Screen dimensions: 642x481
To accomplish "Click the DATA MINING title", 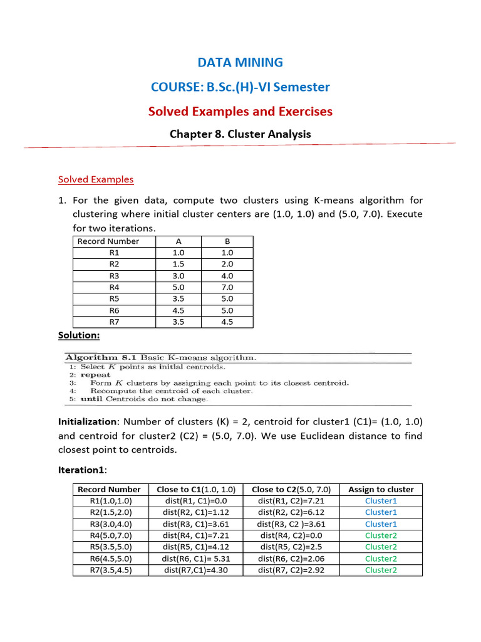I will [x=240, y=62].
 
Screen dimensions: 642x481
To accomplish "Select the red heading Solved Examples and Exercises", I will [x=240, y=112].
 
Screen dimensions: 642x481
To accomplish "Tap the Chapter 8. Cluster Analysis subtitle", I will [x=240, y=134].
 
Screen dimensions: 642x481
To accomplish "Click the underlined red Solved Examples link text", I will [x=96, y=179].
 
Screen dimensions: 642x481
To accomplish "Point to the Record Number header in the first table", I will [x=108, y=241].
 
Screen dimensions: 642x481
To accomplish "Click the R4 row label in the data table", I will [x=114, y=287].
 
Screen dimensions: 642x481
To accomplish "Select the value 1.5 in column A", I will [x=178, y=265].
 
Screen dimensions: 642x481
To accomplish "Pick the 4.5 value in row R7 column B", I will [x=227, y=322].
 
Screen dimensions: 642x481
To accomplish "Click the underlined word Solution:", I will [x=79, y=335].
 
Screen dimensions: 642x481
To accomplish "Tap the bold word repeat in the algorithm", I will [x=95, y=375].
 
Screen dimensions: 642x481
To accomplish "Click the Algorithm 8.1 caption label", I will [x=101, y=357].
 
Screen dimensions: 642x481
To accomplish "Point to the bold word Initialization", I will [x=87, y=422].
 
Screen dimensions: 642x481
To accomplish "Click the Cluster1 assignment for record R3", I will [x=381, y=524].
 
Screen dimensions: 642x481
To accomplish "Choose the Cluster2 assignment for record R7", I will [x=381, y=570].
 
